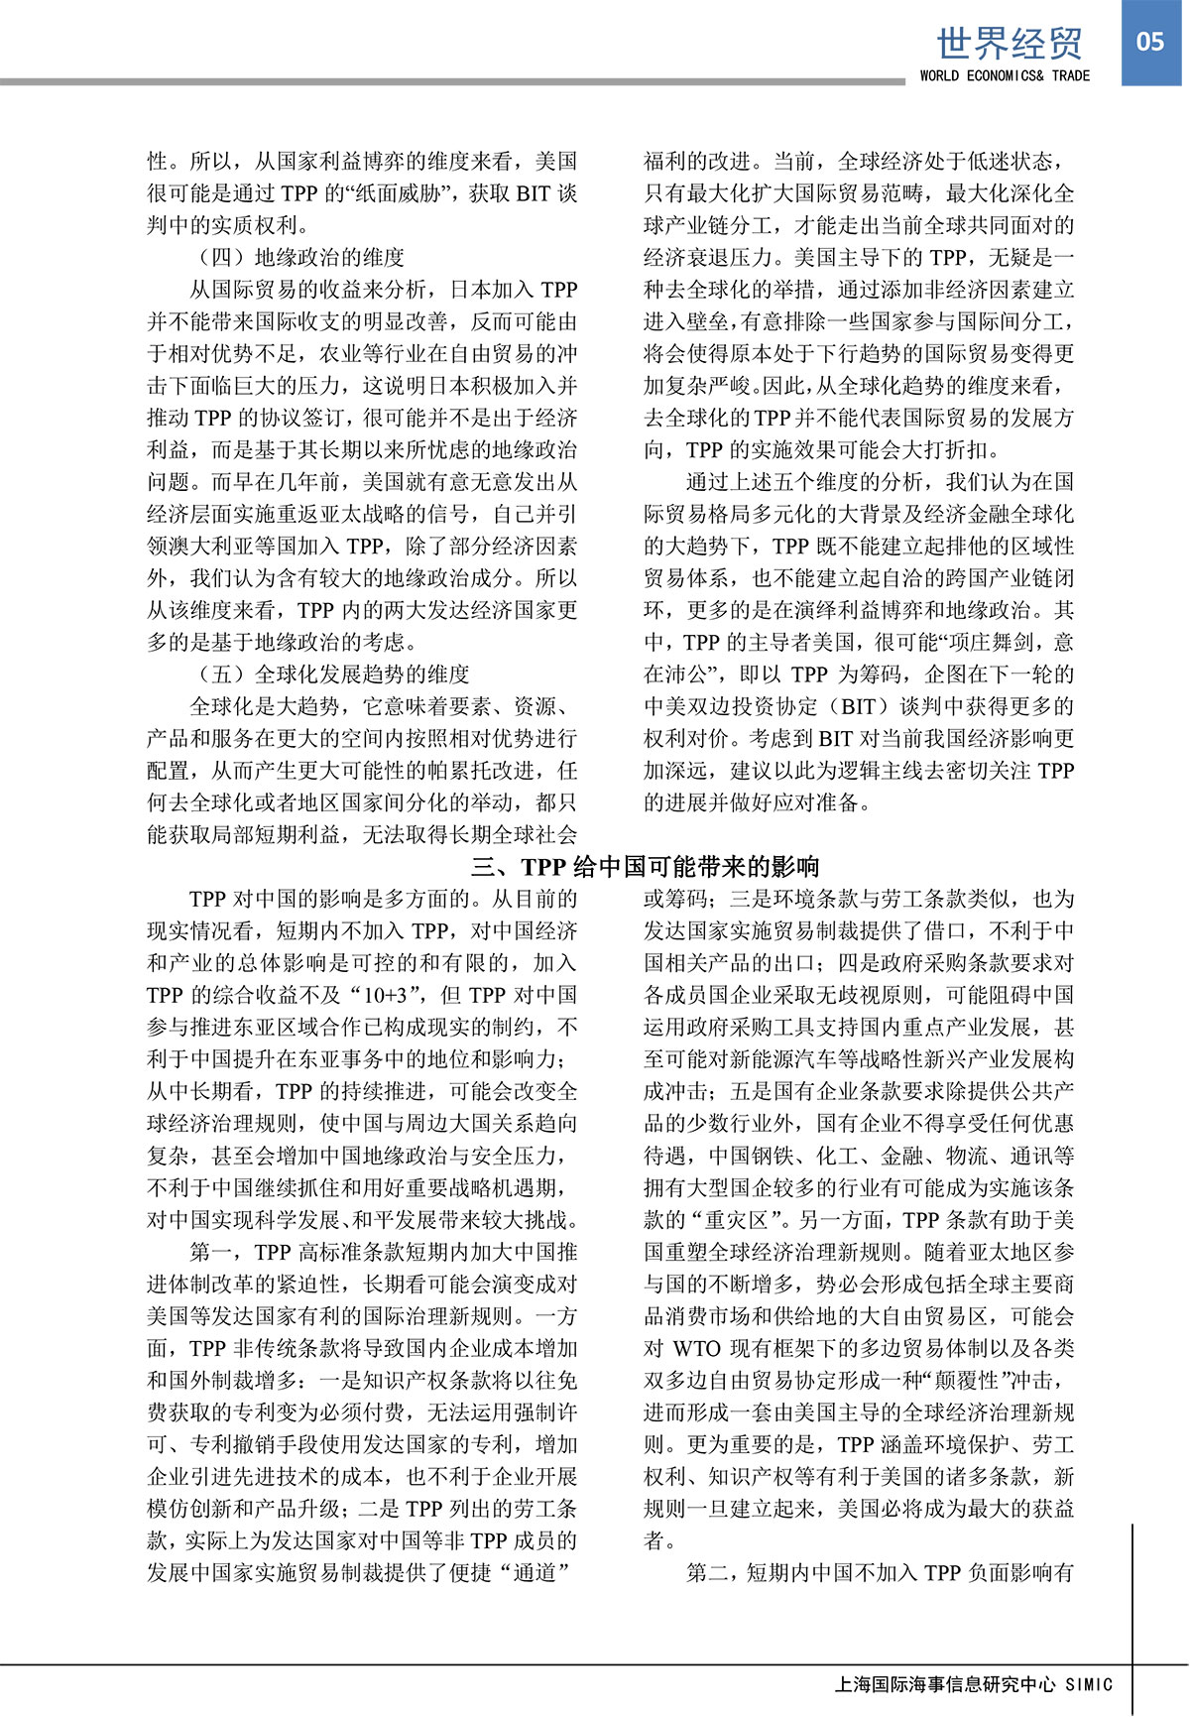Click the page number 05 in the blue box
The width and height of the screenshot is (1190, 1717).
coord(1150,41)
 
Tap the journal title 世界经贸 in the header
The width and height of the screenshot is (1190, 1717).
coord(1010,43)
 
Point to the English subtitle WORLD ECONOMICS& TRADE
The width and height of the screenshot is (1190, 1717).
coord(1005,75)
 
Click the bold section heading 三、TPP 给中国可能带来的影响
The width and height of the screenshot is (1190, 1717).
coord(646,867)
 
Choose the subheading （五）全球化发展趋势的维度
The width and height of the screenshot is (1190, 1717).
coord(334,675)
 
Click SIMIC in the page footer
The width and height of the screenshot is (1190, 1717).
coord(1089,1684)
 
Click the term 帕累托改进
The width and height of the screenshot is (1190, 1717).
coord(456,771)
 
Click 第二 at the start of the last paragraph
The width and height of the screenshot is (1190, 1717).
coord(708,1573)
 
